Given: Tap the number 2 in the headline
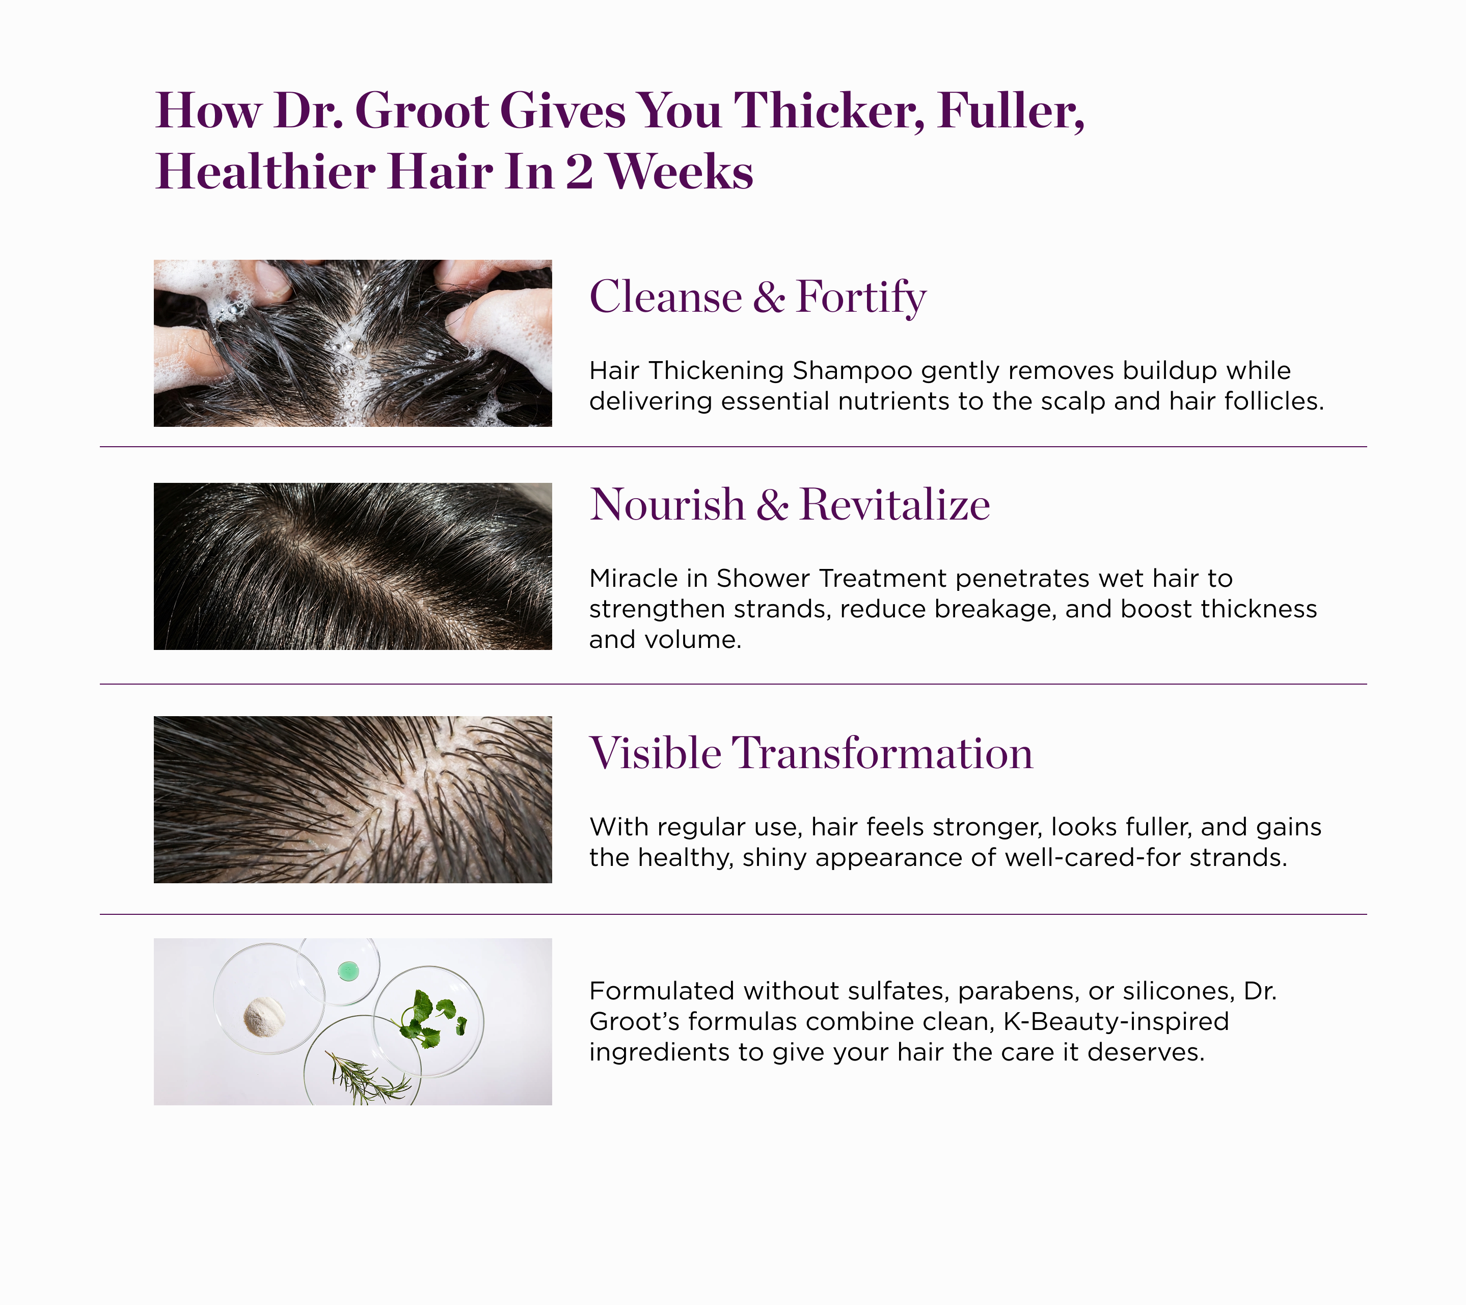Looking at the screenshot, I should (579, 172).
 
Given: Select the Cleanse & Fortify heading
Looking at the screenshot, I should (757, 297).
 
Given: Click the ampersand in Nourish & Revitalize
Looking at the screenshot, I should (772, 505).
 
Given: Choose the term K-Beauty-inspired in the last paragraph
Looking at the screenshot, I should (1116, 1021).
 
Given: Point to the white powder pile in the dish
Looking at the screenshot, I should (264, 1017).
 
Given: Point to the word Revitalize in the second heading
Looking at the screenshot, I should (894, 505).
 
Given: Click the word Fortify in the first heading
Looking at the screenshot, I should (861, 297).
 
